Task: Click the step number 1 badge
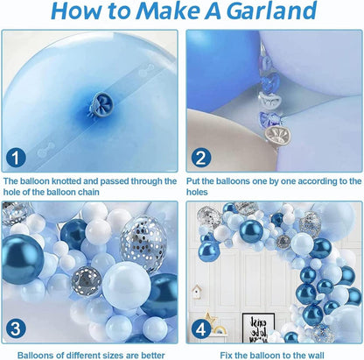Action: tap(16, 159)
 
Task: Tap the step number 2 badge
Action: tap(201, 159)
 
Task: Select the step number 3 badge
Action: tap(16, 328)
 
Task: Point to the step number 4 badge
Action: tap(201, 329)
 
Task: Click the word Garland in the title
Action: tap(271, 11)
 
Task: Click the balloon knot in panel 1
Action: tap(101, 104)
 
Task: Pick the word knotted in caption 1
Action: tap(66, 181)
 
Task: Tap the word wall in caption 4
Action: tap(315, 356)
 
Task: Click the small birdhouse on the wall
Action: tap(197, 292)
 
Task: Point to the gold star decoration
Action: tap(211, 319)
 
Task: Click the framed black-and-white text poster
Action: tap(258, 328)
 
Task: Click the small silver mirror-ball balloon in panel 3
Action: tap(87, 279)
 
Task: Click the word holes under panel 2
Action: tap(197, 192)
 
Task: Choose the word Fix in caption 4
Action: tap(227, 356)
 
